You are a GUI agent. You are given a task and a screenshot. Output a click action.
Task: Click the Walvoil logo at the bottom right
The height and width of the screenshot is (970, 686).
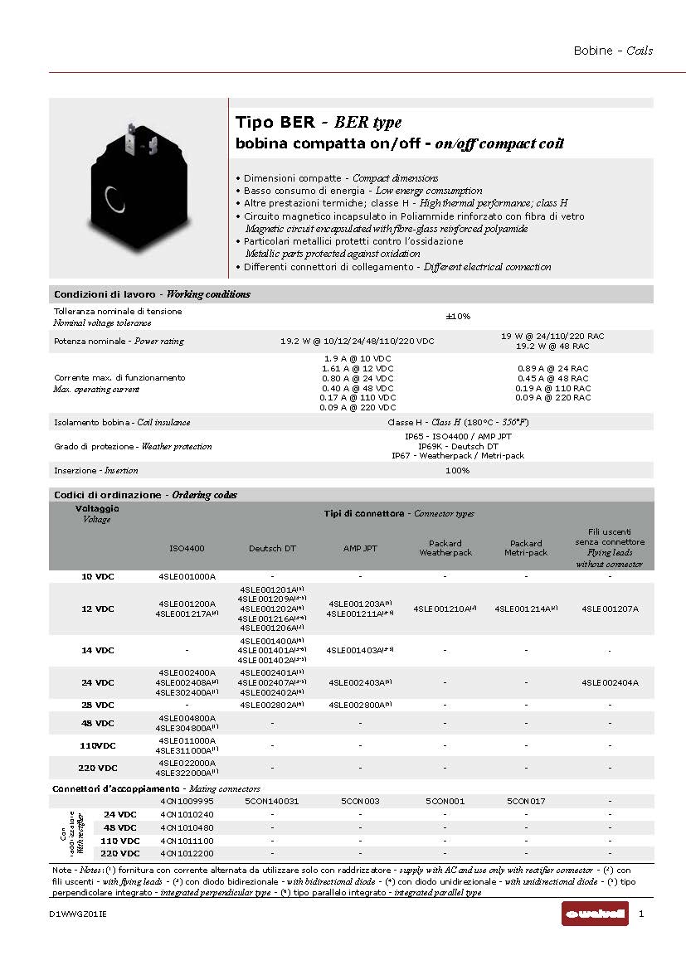(x=595, y=914)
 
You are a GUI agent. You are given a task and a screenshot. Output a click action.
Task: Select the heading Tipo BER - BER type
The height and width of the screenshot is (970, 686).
(x=319, y=123)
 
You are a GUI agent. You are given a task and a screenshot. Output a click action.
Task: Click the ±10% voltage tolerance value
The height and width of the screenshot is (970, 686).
(x=458, y=317)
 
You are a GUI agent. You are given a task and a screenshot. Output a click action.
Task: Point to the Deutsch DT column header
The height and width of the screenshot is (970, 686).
(x=272, y=548)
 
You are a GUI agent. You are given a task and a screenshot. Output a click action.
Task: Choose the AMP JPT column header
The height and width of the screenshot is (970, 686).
(x=360, y=548)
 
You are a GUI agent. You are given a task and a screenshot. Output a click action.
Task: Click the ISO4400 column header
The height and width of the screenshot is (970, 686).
(x=187, y=548)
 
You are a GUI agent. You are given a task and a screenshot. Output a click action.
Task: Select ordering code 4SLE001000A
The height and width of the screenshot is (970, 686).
(x=187, y=576)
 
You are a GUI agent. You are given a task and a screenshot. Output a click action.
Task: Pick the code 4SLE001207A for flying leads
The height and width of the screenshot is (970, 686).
(x=610, y=609)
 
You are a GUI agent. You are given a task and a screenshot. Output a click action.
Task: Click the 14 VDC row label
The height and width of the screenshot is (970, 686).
(x=98, y=651)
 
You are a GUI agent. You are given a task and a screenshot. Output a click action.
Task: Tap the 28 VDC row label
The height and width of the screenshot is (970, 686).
(x=98, y=706)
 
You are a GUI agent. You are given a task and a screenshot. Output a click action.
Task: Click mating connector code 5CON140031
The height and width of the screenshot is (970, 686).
(x=272, y=802)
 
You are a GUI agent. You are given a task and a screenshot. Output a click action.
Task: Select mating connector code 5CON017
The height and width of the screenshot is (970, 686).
(x=526, y=802)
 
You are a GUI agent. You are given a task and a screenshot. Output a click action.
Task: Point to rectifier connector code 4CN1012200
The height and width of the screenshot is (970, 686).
(x=187, y=853)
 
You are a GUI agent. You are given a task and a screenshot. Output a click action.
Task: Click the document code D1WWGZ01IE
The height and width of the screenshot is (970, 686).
(x=78, y=914)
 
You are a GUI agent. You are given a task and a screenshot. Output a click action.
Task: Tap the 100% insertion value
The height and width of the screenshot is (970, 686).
(x=458, y=471)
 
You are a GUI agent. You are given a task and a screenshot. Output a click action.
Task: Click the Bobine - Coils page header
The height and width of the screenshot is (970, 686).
(x=613, y=51)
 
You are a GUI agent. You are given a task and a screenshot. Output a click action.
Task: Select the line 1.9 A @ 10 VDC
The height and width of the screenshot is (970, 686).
(x=358, y=358)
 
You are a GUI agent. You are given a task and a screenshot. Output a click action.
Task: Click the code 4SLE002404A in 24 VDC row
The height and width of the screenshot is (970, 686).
(x=610, y=683)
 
